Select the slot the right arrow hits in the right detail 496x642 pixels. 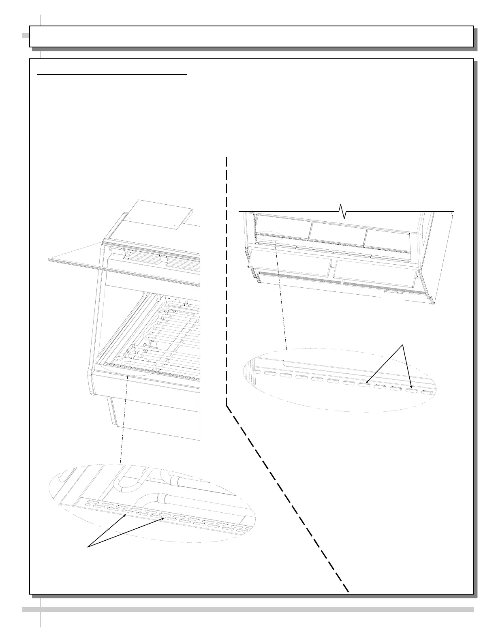pos(412,391)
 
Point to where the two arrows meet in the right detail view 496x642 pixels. pos(403,345)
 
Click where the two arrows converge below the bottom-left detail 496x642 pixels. pos(89,548)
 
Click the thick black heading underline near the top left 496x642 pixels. pos(112,75)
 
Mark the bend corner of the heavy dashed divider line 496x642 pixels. pos(226,403)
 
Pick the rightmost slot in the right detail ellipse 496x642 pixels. pos(428,393)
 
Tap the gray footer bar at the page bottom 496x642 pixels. pos(248,609)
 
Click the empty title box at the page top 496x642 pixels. pos(251,36)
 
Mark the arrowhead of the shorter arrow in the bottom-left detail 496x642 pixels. pos(126,515)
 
